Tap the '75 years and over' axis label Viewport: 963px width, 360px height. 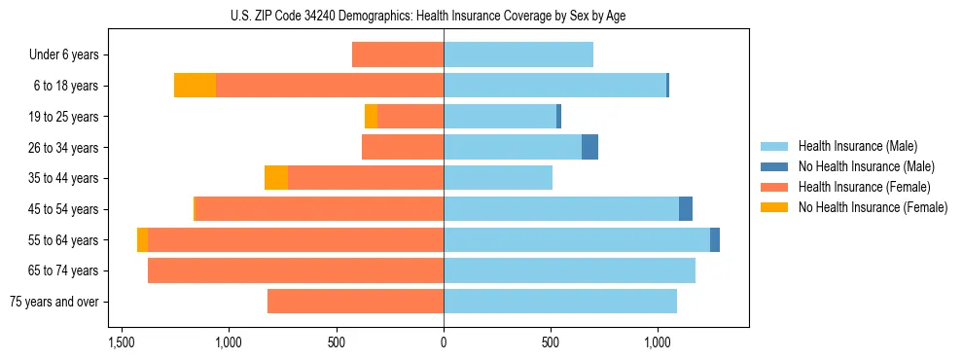click(54, 302)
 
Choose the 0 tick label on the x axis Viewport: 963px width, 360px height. click(444, 342)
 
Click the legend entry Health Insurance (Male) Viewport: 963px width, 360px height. click(857, 146)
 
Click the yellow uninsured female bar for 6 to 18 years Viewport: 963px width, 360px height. click(195, 86)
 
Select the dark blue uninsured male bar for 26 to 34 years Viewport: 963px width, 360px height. click(589, 147)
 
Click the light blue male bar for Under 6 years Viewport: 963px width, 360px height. click(518, 54)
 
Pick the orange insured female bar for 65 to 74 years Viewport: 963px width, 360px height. click(296, 270)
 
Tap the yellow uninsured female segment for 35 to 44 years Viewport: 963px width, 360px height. click(276, 178)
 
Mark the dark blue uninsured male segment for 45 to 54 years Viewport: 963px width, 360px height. click(686, 209)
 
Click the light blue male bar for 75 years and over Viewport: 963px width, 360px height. click(560, 302)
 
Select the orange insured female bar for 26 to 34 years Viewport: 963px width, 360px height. click(403, 147)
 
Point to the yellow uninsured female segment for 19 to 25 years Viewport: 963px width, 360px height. click(371, 117)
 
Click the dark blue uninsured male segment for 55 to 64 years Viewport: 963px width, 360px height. click(715, 239)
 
